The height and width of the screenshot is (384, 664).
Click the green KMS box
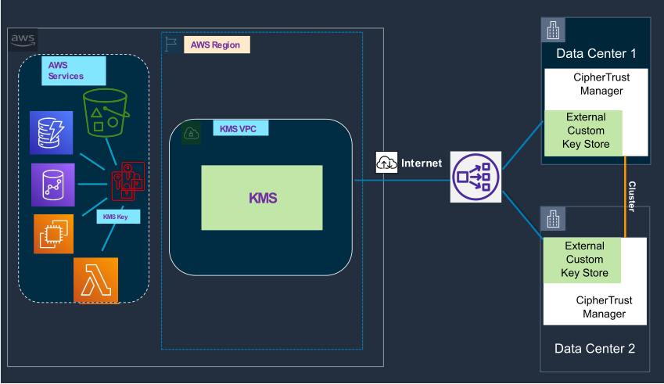pyautogui.click(x=261, y=198)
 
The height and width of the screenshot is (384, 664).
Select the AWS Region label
pyautogui.click(x=217, y=45)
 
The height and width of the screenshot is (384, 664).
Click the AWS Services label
pyautogui.click(x=73, y=70)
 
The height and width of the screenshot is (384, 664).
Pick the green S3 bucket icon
pyautogui.click(x=106, y=113)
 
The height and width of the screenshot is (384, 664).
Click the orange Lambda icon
pyautogui.click(x=95, y=279)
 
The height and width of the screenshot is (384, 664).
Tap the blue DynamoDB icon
pyautogui.click(x=51, y=131)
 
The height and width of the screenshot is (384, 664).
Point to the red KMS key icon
pyautogui.click(x=127, y=181)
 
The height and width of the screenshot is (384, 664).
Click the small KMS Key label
pyautogui.click(x=117, y=217)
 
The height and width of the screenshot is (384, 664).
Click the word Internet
pyautogui.click(x=422, y=163)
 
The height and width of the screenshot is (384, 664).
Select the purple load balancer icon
pyautogui.click(x=476, y=177)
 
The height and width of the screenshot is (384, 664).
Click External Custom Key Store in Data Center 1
pyautogui.click(x=585, y=131)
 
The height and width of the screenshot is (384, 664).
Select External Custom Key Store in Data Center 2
pyautogui.click(x=583, y=260)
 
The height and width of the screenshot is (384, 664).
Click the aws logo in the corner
pyautogui.click(x=23, y=40)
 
